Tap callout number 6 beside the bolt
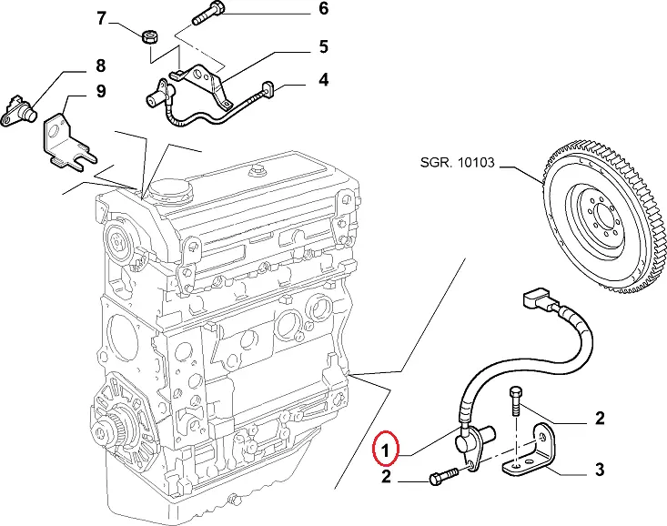point(298,11)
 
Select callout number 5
point(298,46)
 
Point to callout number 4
point(298,81)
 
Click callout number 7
point(101,17)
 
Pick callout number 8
point(101,65)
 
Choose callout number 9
point(101,91)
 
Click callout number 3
point(600,470)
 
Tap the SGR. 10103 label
point(457,164)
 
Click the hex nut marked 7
point(149,36)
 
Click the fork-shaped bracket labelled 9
point(67,143)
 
